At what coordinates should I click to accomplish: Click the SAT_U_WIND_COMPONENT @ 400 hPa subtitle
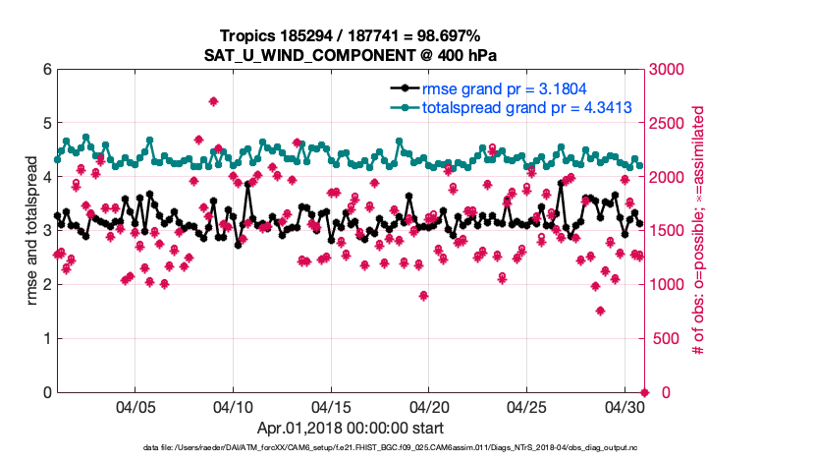coord(351,55)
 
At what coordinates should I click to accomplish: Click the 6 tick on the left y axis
coord(46,70)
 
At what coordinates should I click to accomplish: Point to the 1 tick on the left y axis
coord(46,339)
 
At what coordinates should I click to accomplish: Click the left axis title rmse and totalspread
coord(32,231)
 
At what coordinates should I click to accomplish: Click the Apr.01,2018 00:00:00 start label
coord(351,428)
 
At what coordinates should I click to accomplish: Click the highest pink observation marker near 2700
coord(213,101)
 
